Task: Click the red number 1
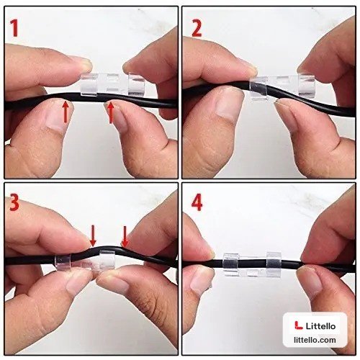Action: (x=15, y=28)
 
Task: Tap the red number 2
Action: (x=197, y=28)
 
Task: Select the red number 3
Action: (x=14, y=202)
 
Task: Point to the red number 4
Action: (x=197, y=202)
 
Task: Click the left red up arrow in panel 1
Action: (x=66, y=112)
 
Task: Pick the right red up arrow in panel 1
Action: (x=110, y=113)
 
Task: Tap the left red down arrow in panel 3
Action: (x=93, y=236)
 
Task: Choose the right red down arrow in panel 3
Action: (x=125, y=236)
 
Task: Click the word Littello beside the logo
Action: (x=320, y=326)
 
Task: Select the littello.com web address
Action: (x=315, y=340)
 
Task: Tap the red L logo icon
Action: (x=299, y=325)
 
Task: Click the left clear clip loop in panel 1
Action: (x=89, y=85)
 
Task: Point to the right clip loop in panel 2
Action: (x=306, y=86)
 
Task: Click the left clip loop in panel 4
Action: (x=231, y=264)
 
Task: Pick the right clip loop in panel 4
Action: (x=274, y=265)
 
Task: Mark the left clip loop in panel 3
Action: (x=63, y=263)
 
